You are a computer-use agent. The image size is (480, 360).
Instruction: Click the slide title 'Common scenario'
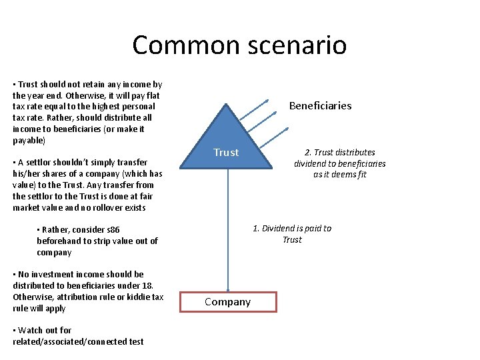point(239,45)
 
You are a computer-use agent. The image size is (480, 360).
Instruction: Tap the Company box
point(228,302)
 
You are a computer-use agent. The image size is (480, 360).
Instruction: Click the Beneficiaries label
point(320,105)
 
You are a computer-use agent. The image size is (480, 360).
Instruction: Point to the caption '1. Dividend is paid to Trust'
point(292,234)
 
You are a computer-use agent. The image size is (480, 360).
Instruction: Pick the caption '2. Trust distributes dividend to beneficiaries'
point(339,163)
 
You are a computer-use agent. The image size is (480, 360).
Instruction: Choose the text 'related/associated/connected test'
point(78,341)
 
